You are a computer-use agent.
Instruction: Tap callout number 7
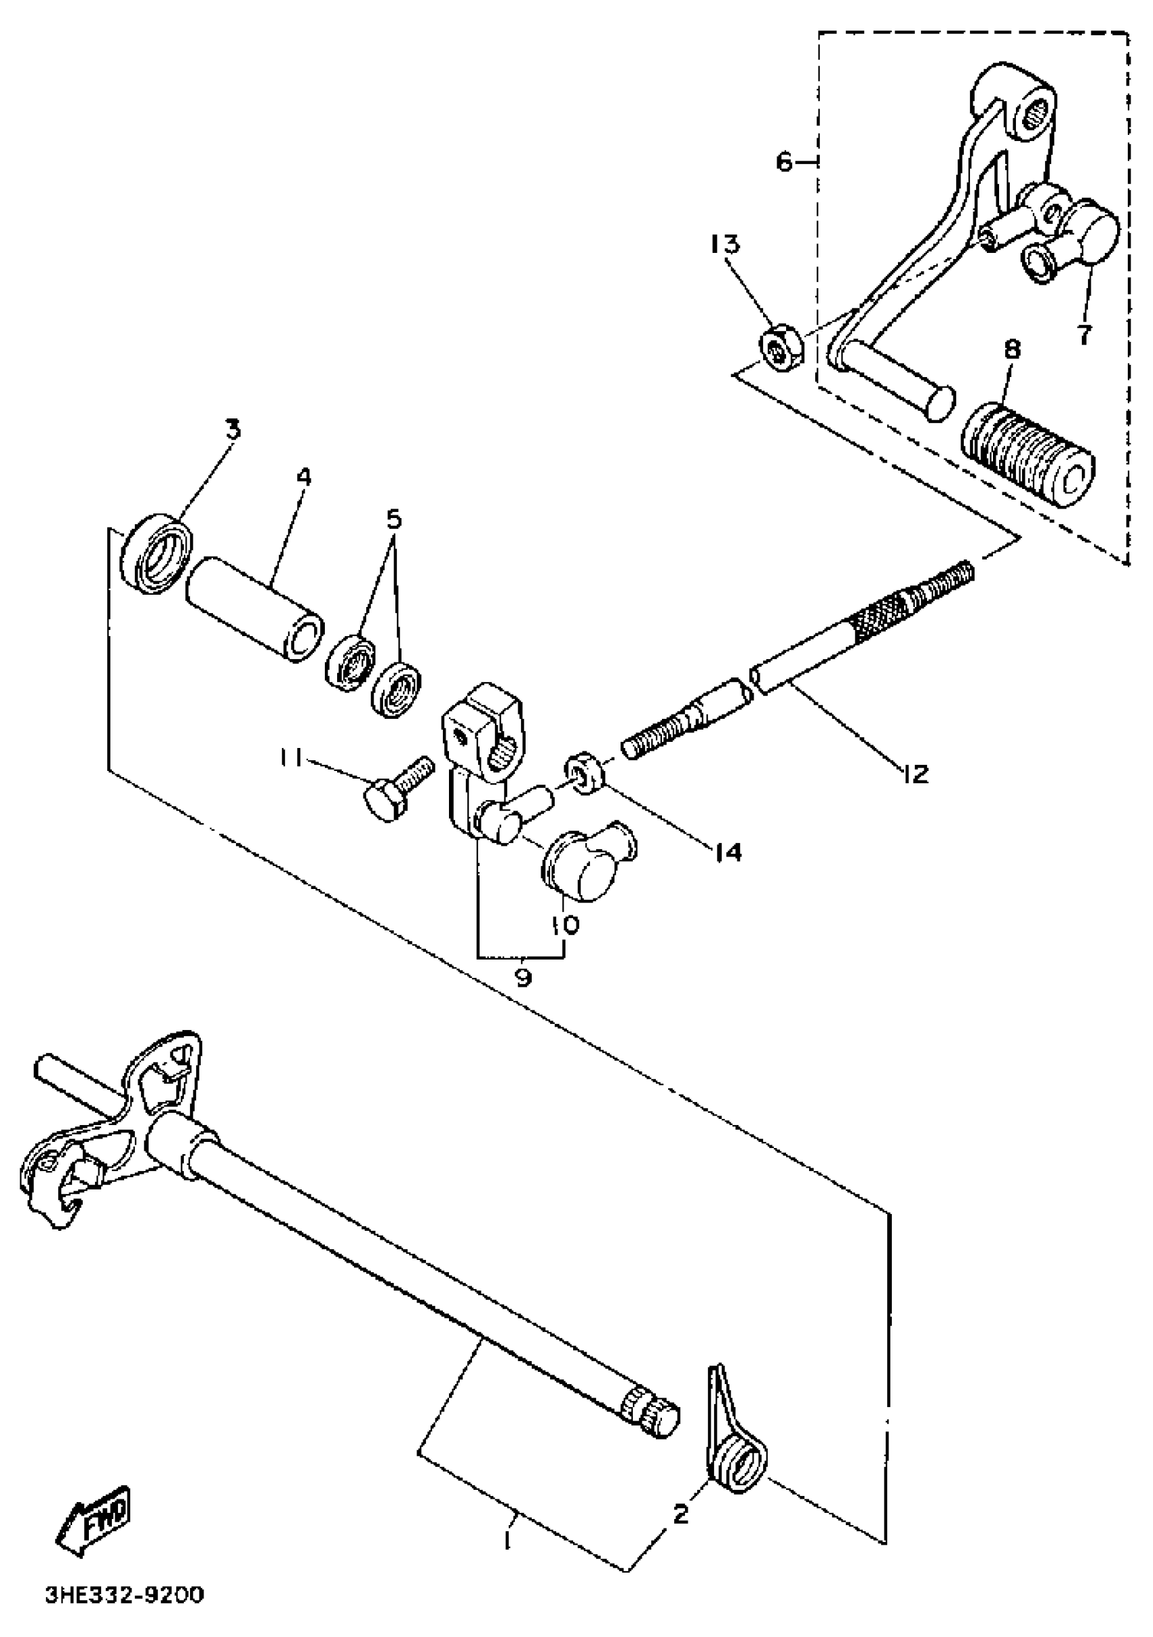(x=1084, y=332)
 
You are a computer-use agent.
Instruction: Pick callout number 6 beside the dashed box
(x=783, y=163)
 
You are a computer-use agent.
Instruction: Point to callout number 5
(x=393, y=519)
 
